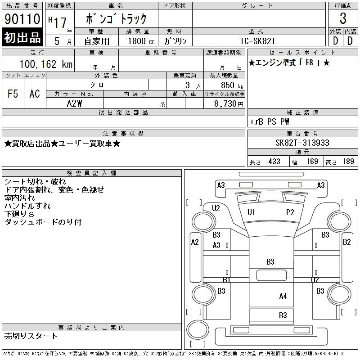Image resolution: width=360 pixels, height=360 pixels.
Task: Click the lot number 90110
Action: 22,19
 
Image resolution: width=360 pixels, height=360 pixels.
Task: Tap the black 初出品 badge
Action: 22,37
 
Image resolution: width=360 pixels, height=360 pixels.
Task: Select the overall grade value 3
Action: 343,18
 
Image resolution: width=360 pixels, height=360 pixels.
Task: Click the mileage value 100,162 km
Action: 46,64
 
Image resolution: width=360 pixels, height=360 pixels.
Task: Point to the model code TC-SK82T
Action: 257,41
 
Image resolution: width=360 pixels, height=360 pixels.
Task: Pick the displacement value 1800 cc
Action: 141,41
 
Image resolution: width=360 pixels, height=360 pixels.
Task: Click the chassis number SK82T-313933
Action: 302,143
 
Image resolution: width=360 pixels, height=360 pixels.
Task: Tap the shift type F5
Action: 13,94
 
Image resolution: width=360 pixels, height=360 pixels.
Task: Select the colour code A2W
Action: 74,103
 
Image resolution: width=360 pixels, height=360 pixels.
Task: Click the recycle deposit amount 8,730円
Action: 229,104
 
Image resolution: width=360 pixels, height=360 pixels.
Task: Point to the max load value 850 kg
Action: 232,85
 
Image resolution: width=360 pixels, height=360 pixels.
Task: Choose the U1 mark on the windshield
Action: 251,212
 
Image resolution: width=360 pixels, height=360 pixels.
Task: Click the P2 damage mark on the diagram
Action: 290,212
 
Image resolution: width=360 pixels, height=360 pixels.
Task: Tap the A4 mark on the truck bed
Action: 283,296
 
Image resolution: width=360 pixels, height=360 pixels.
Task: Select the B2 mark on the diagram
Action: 346,242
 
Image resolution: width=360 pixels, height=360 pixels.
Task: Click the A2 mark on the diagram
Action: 195,242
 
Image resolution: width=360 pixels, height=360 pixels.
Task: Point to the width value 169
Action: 312,162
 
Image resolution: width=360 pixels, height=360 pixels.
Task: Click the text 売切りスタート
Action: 31,336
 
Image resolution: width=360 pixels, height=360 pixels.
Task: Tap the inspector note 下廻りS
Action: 19,214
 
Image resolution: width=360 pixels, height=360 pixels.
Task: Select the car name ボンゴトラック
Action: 116,19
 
